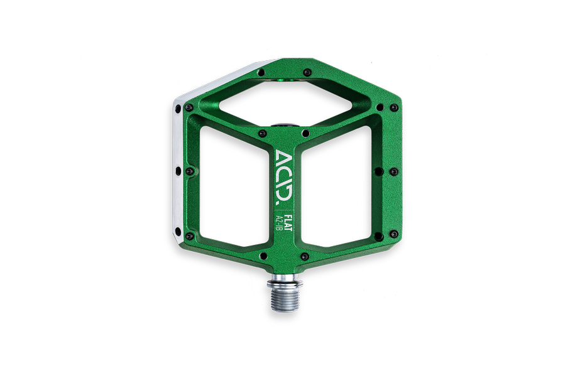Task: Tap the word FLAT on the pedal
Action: click(x=286, y=221)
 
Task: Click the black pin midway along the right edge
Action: click(x=393, y=171)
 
